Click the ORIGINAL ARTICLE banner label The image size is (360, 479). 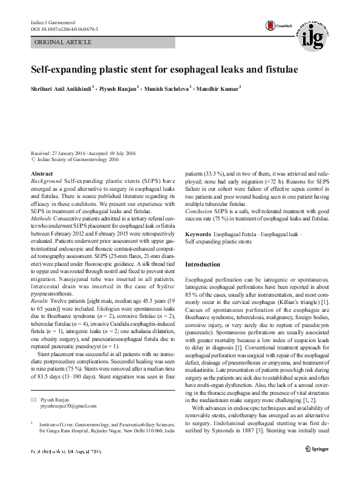pyautogui.click(x=64, y=42)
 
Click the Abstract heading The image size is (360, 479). pyautogui.click(x=42, y=174)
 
